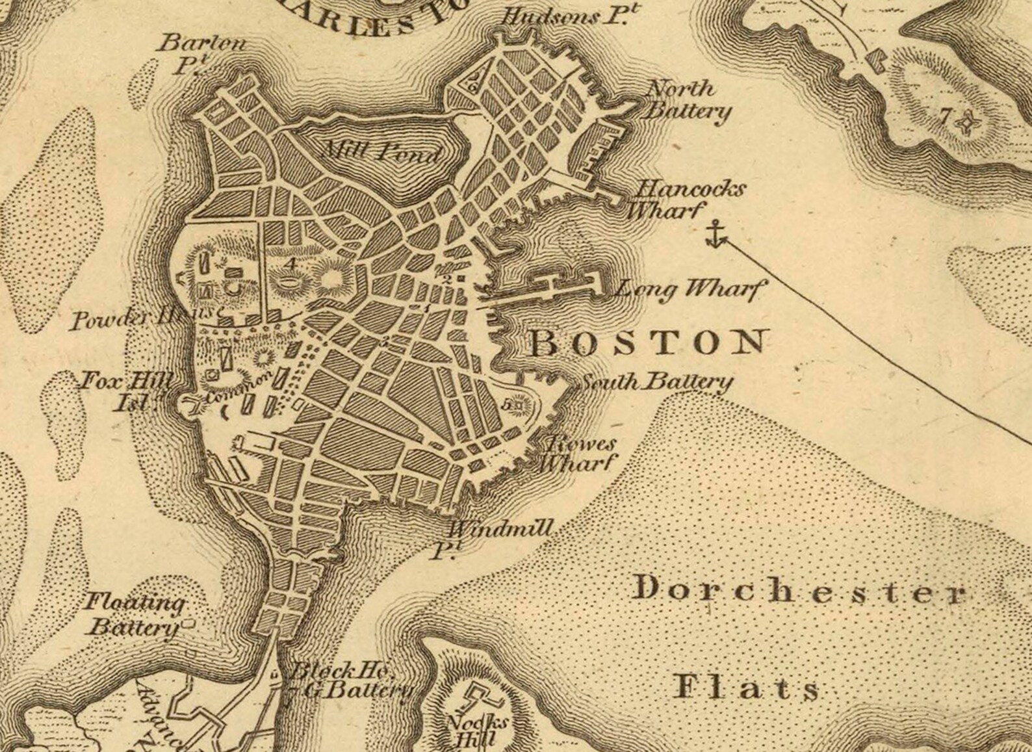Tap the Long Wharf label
pos(690,289)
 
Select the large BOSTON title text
pos(647,343)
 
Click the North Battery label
pos(687,100)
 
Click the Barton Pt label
pos(201,54)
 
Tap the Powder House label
pos(146,318)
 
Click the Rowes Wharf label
pos(577,454)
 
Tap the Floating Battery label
pos(135,614)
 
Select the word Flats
pos(746,687)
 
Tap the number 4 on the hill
pos(290,263)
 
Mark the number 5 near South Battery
pos(507,404)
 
